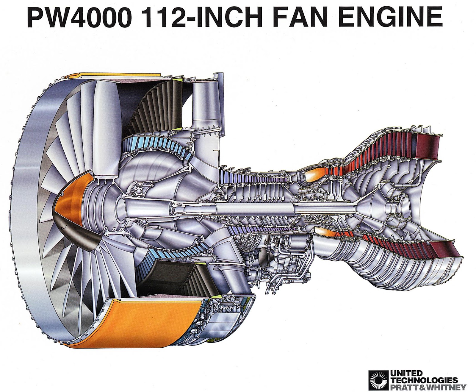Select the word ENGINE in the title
point(390,17)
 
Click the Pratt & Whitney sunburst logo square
point(378,380)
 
